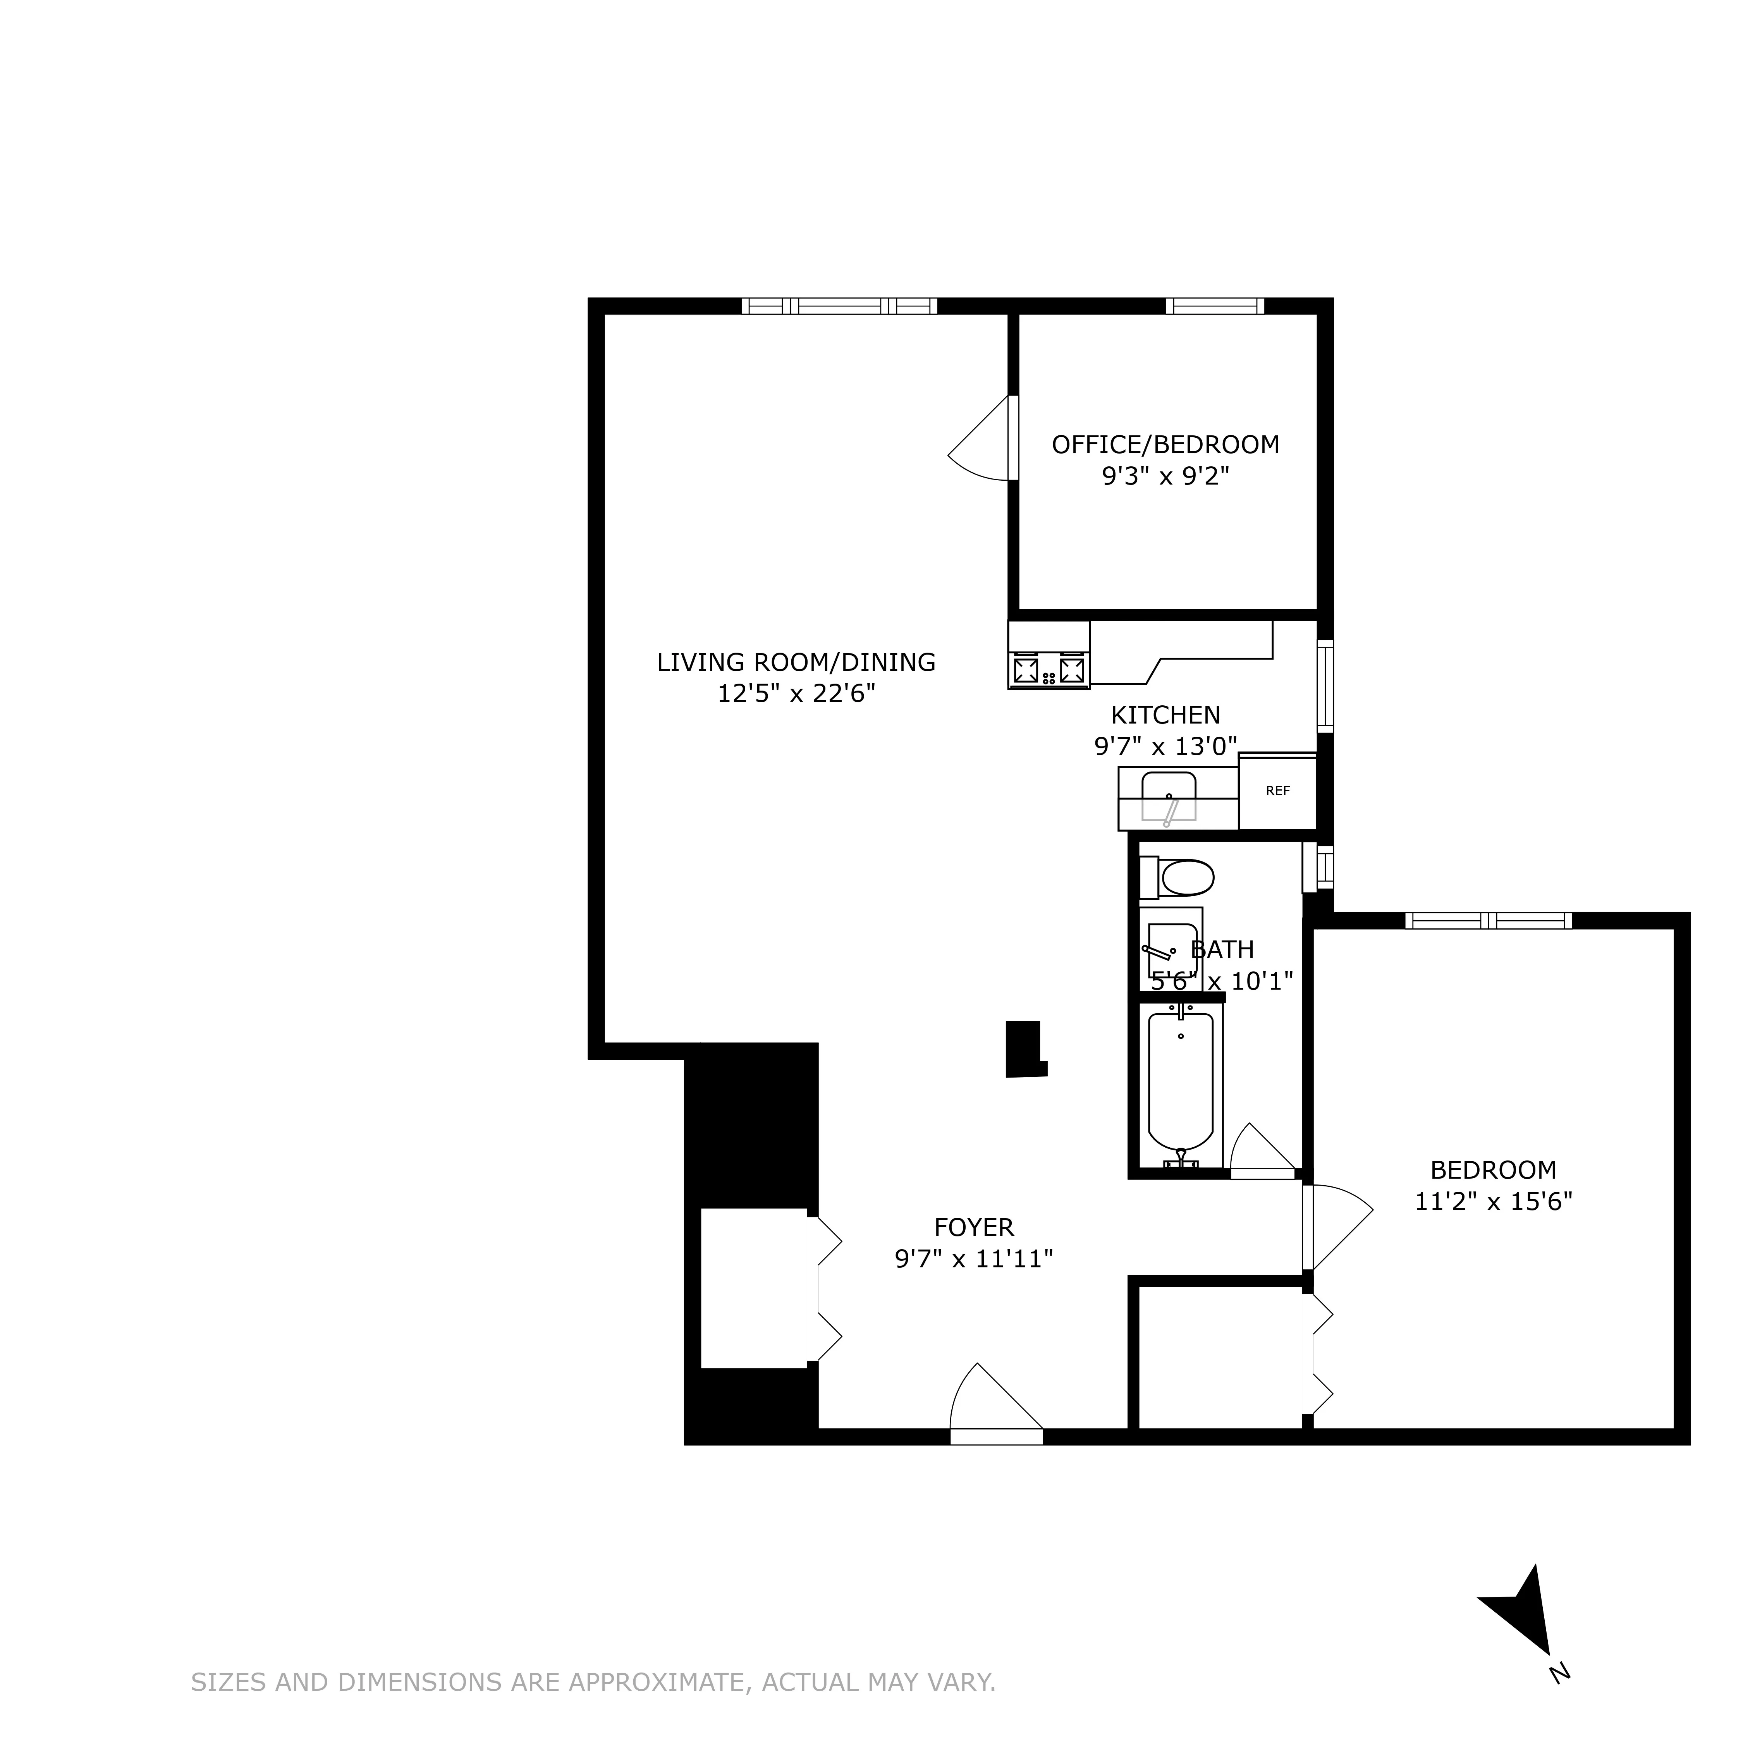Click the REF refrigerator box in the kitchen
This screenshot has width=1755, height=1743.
1277,791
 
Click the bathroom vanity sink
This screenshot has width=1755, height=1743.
1171,949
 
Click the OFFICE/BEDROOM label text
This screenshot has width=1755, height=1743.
1165,445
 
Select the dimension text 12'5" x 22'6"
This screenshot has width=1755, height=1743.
796,694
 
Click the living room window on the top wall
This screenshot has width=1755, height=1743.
839,306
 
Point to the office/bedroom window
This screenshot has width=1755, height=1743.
1215,306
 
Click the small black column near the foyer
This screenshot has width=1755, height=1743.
1024,1049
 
